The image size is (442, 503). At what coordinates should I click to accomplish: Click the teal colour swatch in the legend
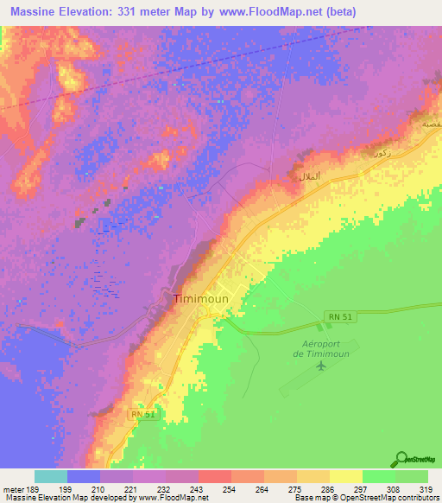pyautogui.click(x=50, y=476)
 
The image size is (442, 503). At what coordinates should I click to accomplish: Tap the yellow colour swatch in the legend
pyautogui.click(x=345, y=476)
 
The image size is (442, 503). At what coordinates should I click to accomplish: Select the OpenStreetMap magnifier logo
pyautogui.click(x=401, y=459)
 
